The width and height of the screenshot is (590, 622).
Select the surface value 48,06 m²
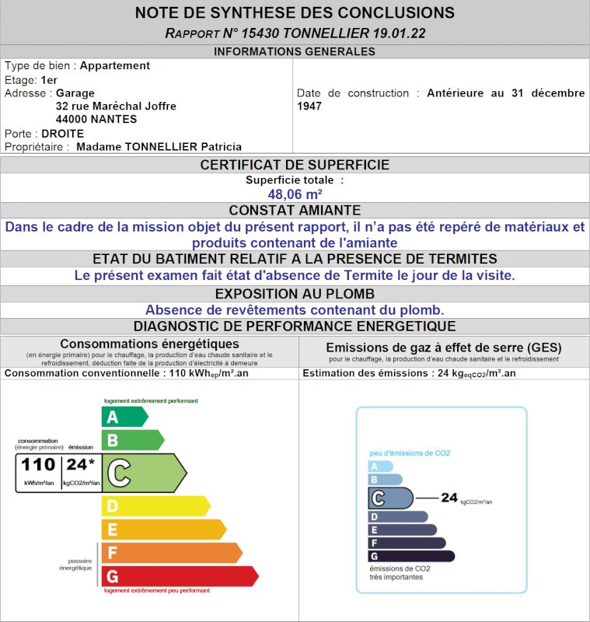(295, 194)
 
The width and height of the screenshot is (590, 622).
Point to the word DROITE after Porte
(63, 133)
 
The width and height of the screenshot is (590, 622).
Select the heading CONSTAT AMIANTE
(295, 211)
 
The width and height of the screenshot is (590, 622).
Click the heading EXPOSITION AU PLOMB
(295, 294)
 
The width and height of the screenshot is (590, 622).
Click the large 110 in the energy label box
(38, 465)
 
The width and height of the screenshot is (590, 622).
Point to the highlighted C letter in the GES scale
(379, 498)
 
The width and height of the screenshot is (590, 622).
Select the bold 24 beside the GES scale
(449, 498)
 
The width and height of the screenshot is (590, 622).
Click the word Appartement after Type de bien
(115, 66)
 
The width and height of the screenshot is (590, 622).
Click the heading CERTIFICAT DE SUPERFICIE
(295, 165)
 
